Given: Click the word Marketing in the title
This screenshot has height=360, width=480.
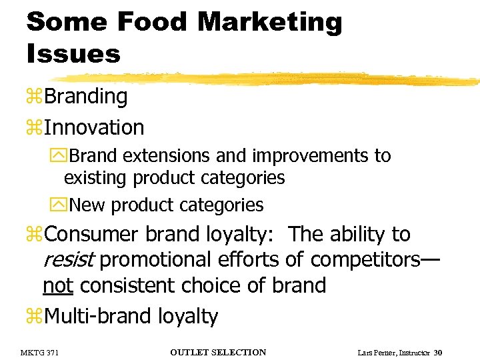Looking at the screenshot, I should pos(269,22).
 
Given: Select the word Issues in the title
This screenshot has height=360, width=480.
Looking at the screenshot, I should pos(73,53).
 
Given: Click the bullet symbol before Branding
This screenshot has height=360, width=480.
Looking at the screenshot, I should pos(35,97).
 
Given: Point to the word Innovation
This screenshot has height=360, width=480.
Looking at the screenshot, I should pos(94,127).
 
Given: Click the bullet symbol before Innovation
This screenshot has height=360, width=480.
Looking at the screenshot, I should pos(35,128).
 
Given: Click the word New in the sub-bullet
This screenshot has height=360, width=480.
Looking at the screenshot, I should pos(89,205).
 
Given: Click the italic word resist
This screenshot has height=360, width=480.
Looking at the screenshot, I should pos(68,259).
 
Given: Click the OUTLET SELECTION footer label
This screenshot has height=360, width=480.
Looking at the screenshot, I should pos(218,352).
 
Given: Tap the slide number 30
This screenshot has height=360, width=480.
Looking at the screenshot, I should pos(437,352).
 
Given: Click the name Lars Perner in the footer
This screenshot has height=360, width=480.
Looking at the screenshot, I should pos(374,352).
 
